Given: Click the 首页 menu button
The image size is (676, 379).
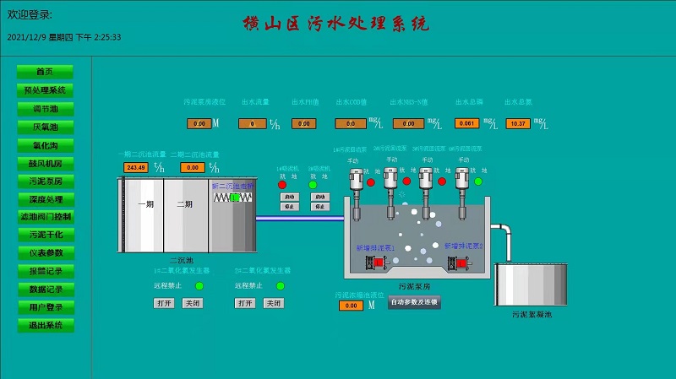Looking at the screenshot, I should click(x=45, y=72).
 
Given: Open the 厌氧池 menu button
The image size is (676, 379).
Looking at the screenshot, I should click(x=45, y=127).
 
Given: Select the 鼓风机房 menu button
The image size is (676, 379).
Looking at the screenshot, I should click(x=45, y=163).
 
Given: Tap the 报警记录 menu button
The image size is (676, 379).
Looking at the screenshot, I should click(x=45, y=271).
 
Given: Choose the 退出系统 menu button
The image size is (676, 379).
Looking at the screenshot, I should click(x=45, y=325).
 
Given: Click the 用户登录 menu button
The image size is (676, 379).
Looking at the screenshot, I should click(x=45, y=307).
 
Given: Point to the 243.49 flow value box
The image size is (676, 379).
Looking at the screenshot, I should click(x=135, y=167).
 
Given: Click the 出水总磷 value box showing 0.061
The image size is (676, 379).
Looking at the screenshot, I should click(x=466, y=123).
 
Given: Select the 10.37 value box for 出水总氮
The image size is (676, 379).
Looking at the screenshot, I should click(x=518, y=123).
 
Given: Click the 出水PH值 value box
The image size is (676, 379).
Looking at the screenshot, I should click(x=303, y=123).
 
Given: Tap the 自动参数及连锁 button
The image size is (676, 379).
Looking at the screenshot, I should click(x=414, y=301).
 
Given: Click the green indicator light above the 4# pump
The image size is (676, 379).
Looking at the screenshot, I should click(x=478, y=181).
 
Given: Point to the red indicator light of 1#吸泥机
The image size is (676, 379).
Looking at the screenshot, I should click(x=282, y=184).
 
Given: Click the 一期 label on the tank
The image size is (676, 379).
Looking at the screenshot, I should click(x=146, y=204).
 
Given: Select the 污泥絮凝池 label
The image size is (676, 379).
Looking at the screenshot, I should click(x=532, y=315).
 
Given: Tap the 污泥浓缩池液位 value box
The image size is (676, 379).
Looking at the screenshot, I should click(x=351, y=306).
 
